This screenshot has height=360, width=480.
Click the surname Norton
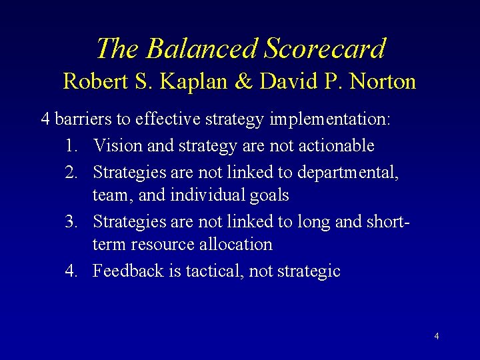(x=383, y=81)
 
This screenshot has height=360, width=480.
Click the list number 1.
(x=73, y=145)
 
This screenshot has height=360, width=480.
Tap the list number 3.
(x=73, y=220)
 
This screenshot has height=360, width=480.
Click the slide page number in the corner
(x=436, y=336)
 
